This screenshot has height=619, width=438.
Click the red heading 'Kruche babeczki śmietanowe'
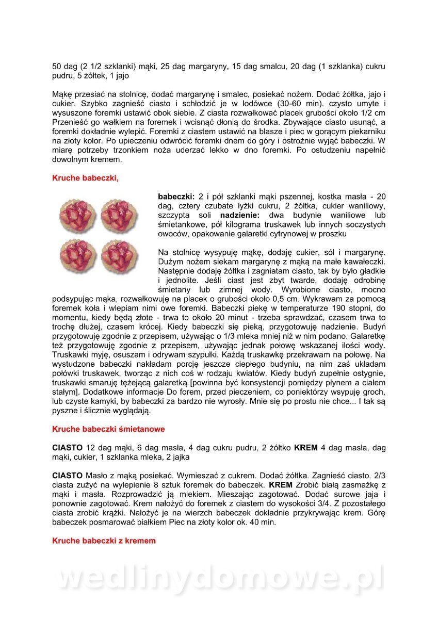click(108, 429)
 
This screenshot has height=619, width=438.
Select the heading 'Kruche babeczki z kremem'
click(104, 541)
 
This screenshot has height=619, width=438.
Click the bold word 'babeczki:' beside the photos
click(176, 197)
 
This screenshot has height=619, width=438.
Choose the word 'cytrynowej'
click(297, 234)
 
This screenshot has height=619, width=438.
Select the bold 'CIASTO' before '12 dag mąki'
click(67, 447)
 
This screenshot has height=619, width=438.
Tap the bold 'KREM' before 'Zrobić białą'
click(281, 484)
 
